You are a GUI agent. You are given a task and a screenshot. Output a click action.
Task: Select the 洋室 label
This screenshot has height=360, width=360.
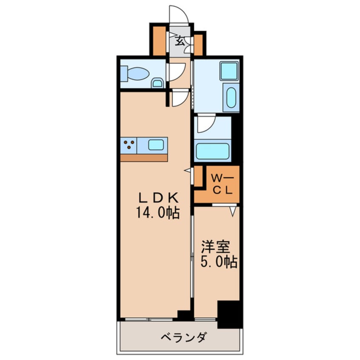tap(216, 246)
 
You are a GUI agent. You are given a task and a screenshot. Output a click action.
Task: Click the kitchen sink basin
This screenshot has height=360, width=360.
tap(156, 145)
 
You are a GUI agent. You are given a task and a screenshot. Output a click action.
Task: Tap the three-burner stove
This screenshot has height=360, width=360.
tap(129, 145)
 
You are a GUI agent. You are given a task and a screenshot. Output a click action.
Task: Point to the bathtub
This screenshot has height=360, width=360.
tap(212, 151)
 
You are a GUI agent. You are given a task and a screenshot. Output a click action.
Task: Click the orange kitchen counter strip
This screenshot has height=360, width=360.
tap(144, 158)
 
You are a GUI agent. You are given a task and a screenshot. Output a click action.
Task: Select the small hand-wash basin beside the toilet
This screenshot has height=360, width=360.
tap(157, 83)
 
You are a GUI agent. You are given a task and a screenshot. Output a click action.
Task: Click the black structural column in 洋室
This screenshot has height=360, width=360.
tap(229, 314)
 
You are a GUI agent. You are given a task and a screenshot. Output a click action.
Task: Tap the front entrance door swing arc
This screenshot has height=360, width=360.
tap(179, 15)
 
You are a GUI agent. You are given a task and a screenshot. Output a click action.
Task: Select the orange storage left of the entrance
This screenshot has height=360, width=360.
tap(159, 41)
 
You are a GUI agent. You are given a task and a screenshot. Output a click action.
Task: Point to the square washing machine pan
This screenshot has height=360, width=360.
tap(229, 71)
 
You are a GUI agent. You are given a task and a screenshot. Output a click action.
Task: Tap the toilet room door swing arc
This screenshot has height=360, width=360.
tap(176, 71)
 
